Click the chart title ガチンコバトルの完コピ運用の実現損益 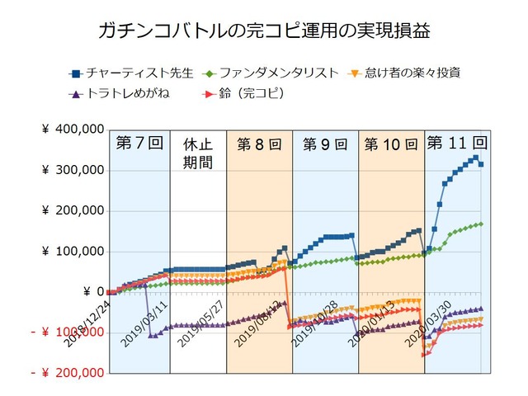[264, 32]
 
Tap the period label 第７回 [135, 144]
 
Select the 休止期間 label [197, 153]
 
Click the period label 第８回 [258, 144]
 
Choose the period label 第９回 [324, 144]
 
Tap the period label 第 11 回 [456, 142]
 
